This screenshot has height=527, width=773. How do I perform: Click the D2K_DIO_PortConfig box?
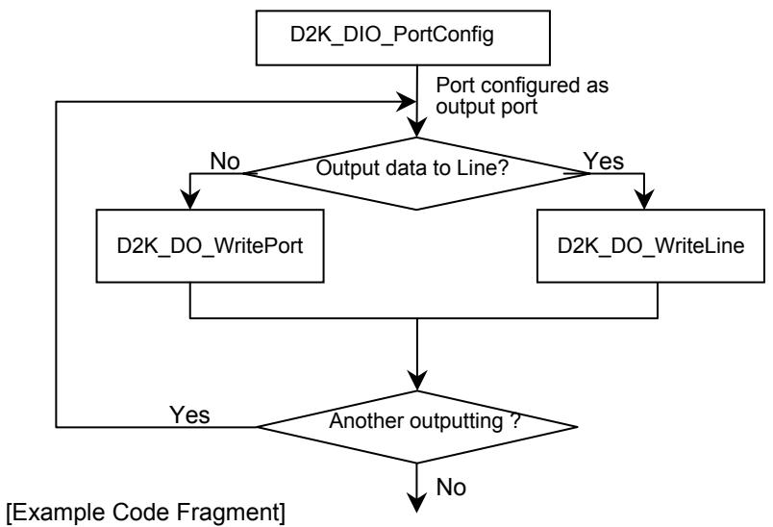[x=403, y=38]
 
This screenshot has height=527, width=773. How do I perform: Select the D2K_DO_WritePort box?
[x=210, y=246]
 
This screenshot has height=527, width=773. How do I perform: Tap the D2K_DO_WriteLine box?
[x=651, y=246]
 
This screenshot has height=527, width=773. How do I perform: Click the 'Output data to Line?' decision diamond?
[x=416, y=173]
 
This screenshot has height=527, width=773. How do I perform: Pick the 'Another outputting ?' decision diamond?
[x=417, y=427]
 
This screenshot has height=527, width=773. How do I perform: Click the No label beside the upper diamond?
[x=225, y=162]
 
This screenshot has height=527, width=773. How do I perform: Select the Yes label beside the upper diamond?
[x=604, y=162]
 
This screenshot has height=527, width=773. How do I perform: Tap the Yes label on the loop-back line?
[x=189, y=414]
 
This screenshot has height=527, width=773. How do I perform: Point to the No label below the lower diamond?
[x=451, y=487]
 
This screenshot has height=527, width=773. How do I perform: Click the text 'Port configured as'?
[x=522, y=86]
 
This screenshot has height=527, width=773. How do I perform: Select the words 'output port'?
[x=486, y=107]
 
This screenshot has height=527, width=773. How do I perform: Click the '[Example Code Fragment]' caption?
[x=146, y=513]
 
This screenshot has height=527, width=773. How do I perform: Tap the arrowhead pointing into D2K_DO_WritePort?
[x=190, y=199]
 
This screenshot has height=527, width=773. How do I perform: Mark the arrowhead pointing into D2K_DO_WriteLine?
[x=644, y=199]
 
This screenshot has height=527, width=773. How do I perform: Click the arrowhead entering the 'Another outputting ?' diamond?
[x=417, y=381]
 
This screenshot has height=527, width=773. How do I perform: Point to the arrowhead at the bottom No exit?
[x=417, y=502]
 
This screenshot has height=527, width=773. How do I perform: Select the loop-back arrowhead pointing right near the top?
[x=407, y=102]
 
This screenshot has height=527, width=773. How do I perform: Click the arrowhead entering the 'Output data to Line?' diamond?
[x=417, y=127]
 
